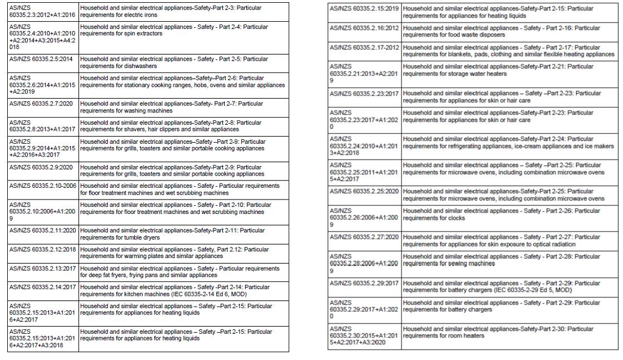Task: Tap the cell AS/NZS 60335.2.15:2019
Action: [x=364, y=8]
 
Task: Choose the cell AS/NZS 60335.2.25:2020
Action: [x=364, y=191]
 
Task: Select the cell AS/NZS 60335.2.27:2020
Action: [x=364, y=237]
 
